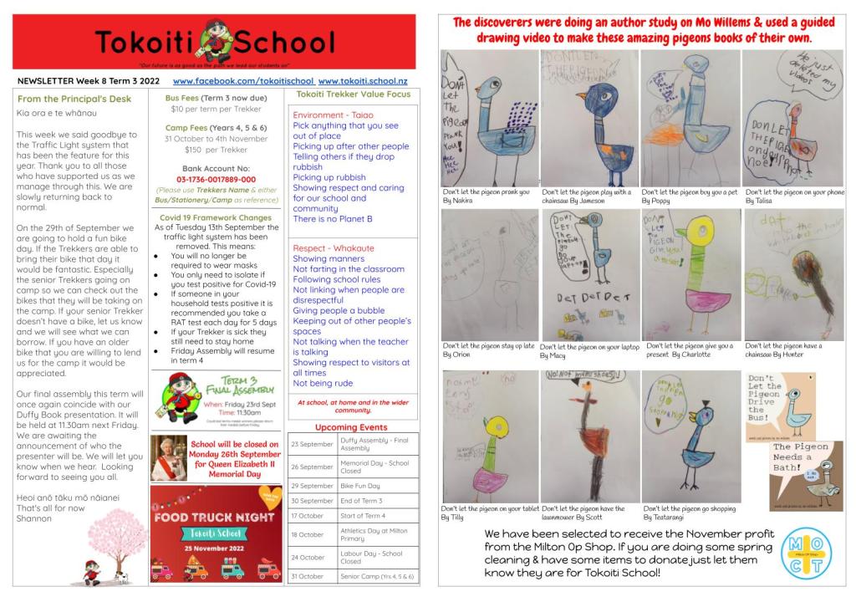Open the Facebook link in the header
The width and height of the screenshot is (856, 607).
coord(243,81)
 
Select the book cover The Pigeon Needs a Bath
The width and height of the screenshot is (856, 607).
coord(806,475)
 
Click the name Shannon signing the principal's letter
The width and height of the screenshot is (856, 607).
coord(34,518)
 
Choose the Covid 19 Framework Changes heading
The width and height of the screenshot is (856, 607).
coord(216,217)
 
